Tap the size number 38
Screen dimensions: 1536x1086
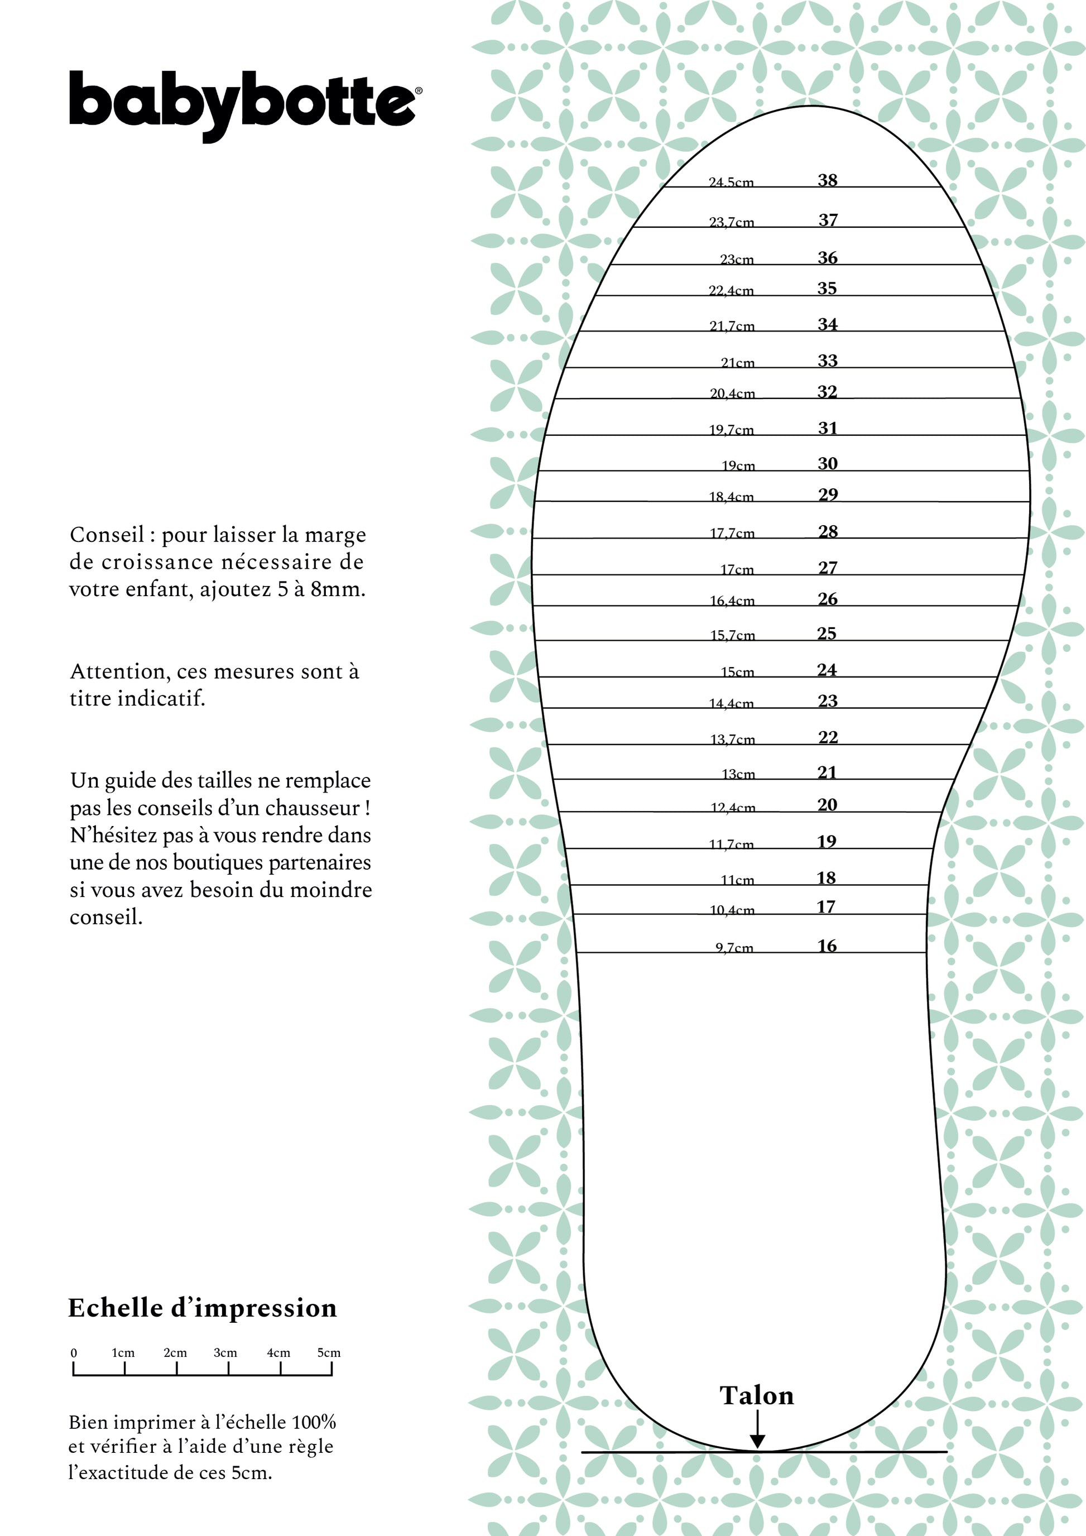827,180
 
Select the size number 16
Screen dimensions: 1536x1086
827,946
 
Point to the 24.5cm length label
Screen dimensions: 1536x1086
731,182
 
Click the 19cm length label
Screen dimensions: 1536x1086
738,465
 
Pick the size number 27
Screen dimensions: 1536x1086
828,568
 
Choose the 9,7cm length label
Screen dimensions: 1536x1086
734,948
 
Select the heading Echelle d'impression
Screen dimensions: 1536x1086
203,1308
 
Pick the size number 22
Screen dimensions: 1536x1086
828,737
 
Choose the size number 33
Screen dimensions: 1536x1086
827,361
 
